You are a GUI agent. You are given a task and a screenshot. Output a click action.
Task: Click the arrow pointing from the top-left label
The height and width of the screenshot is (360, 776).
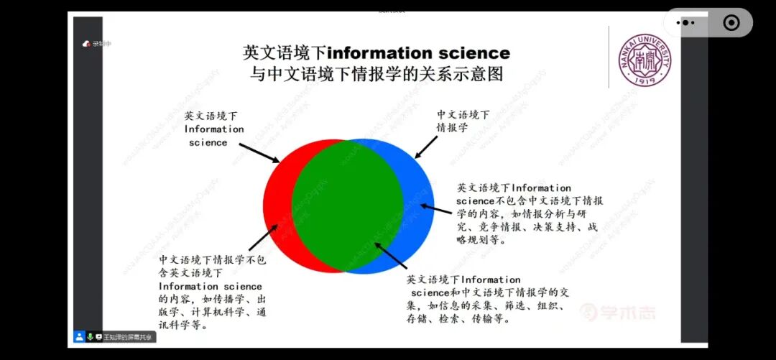point(259,152)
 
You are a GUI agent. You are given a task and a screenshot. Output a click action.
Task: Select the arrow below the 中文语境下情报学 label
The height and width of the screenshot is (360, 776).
point(425,147)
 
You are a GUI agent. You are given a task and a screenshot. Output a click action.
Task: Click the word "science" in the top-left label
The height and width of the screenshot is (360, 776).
point(208,142)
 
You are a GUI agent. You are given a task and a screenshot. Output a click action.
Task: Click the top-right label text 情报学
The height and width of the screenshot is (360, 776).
point(453,127)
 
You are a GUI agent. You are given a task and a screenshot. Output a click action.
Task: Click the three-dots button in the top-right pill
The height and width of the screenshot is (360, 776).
point(685,23)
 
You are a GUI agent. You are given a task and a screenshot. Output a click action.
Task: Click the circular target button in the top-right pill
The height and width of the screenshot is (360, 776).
point(731,23)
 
